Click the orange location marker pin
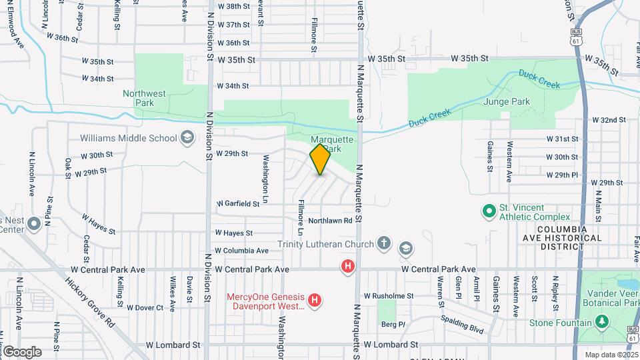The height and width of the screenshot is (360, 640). pos(320,159)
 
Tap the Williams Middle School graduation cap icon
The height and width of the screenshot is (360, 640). pos(187,138)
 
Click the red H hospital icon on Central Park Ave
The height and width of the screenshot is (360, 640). pos(347,267)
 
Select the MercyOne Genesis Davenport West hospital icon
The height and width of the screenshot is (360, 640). pos(316,301)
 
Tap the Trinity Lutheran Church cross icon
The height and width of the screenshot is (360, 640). pos(383,243)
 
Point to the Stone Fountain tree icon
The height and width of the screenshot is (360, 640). pos(602,323)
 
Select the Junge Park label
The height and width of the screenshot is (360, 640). pos(528,102)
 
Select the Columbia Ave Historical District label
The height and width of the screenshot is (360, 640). pos(554,237)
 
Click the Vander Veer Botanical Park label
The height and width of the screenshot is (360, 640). pos(611,298)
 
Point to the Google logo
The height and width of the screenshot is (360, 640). pos(22,351)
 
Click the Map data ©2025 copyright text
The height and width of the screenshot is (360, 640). pos(611,355)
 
